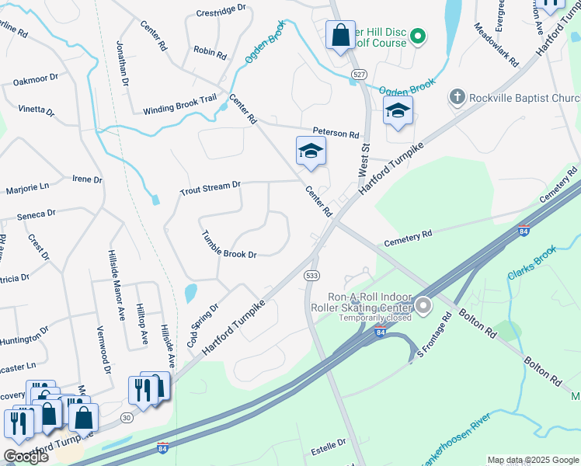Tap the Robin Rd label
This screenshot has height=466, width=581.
pyautogui.click(x=210, y=53)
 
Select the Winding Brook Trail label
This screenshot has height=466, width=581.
pyautogui.click(x=179, y=110)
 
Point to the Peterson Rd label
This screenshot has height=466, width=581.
pyautogui.click(x=336, y=133)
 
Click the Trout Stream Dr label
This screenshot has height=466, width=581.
pyautogui.click(x=210, y=189)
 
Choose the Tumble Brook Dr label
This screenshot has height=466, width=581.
pyautogui.click(x=228, y=244)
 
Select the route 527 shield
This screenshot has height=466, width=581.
pyautogui.click(x=358, y=73)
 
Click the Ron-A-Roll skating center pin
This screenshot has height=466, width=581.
pyautogui.click(x=423, y=307)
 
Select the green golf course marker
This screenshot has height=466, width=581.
pyautogui.click(x=417, y=36)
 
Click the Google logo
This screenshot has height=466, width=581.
pyautogui.click(x=25, y=457)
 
